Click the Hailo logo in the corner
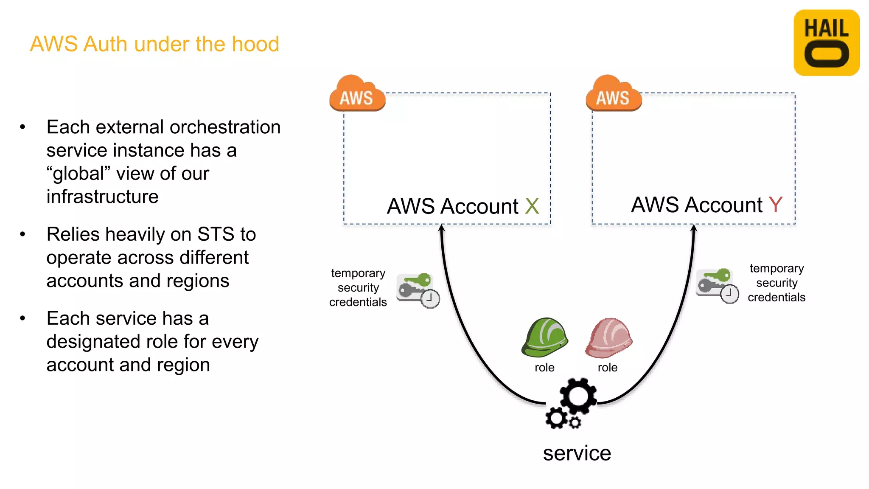pos(826,43)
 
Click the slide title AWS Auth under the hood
pos(154,44)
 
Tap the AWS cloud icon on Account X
pos(357,94)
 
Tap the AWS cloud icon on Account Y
pos(613,94)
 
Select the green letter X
pos(532,206)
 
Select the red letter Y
pos(776,205)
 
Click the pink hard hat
pos(608,338)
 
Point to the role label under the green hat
pos(544,368)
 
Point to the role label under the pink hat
pos(607,368)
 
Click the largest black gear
pos(578,396)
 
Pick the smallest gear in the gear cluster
pos(575,423)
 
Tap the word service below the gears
pos(577,453)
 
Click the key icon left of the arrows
pos(418,290)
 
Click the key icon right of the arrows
pos(717,285)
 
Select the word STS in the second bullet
pos(216,234)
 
